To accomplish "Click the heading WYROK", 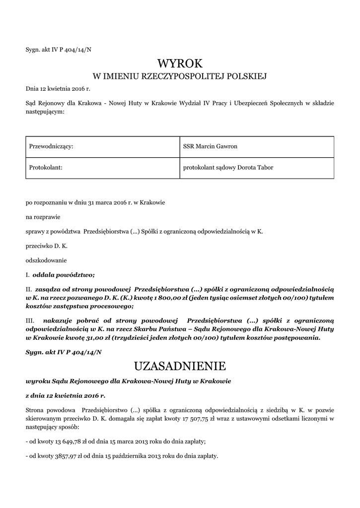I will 180,63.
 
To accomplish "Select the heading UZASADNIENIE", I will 180,367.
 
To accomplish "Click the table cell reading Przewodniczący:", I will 52,146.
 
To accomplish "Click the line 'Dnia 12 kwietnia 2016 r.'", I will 58,89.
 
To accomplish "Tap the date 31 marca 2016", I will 105,202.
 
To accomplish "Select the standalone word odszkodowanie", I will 46,260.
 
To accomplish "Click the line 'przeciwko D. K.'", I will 47,246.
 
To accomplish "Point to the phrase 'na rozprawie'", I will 42,217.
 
